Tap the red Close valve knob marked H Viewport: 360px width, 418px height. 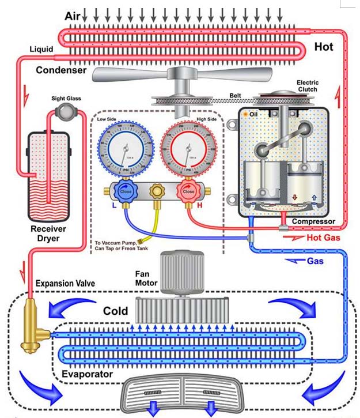coord(189,191)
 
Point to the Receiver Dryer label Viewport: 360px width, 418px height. coord(48,233)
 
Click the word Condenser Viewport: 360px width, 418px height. coord(61,70)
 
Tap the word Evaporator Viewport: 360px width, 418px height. coord(87,374)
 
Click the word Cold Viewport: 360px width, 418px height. coord(115,311)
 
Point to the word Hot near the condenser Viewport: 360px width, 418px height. coord(323,47)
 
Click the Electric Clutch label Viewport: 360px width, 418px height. coord(308,86)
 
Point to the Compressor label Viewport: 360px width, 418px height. coord(313,221)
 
